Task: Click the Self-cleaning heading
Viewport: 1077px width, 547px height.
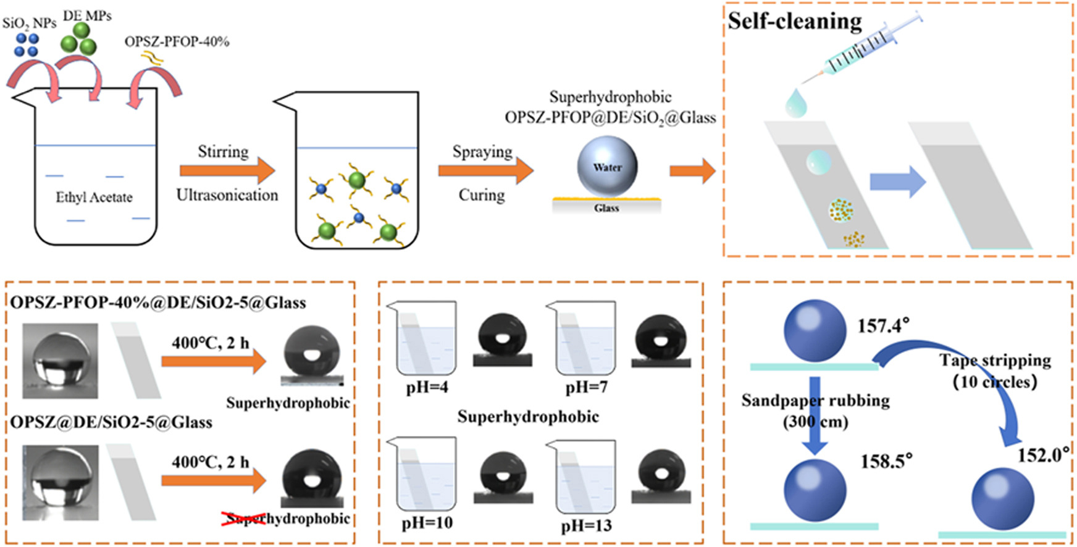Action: [794, 21]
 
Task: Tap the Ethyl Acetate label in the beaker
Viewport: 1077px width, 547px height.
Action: [94, 198]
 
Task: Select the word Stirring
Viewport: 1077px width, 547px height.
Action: [223, 152]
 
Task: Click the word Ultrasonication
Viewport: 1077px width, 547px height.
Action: [227, 195]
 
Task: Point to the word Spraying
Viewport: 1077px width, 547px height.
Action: [482, 152]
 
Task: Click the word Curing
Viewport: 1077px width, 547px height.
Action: [481, 195]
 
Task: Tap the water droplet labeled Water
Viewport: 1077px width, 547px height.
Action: [607, 167]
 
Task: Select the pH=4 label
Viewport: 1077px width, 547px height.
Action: [427, 388]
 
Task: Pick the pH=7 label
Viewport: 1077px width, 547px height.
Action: [586, 388]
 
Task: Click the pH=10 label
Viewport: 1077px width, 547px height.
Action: [427, 524]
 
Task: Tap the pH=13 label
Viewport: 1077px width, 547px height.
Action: [586, 526]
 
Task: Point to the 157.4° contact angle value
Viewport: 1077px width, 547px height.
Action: [883, 325]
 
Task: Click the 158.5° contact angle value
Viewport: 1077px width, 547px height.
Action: [886, 461]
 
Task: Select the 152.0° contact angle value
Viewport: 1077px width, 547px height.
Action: [1043, 456]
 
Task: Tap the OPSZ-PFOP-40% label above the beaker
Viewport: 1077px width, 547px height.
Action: [177, 42]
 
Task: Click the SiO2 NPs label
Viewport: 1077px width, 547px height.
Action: [29, 23]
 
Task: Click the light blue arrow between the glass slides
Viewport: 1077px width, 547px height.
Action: [897, 182]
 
